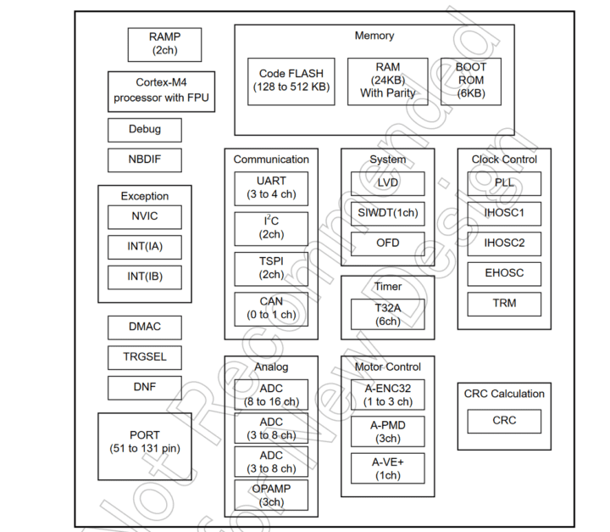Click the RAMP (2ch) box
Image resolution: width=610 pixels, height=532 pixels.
(x=165, y=44)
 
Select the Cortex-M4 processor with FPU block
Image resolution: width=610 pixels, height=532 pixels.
(x=161, y=91)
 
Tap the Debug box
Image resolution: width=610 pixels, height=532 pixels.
(x=144, y=130)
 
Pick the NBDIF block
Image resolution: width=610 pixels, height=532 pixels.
(x=144, y=160)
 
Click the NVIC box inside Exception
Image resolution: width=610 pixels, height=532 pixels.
(x=144, y=217)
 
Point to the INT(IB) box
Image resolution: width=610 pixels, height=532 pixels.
(x=144, y=277)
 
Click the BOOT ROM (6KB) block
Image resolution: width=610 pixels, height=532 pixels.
(x=470, y=81)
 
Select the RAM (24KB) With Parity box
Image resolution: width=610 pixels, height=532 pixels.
(x=387, y=81)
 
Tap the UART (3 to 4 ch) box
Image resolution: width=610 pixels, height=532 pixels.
(x=271, y=188)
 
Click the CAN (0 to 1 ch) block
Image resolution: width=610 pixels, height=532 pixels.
(x=271, y=309)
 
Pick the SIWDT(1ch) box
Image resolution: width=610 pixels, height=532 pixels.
(x=387, y=213)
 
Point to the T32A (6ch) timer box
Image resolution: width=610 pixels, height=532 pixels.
(x=387, y=314)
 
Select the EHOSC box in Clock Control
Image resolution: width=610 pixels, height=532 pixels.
(x=504, y=273)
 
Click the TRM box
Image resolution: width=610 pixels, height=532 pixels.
(x=504, y=304)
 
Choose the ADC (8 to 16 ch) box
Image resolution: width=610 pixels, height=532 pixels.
(x=271, y=395)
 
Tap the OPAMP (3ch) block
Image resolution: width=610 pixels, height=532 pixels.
(x=271, y=496)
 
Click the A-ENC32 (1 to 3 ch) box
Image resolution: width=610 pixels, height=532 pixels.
(x=387, y=395)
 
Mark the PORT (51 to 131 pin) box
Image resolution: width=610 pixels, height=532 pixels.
(x=145, y=441)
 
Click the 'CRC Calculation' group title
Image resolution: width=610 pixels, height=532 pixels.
(x=504, y=394)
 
